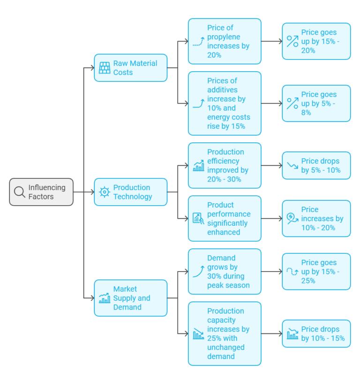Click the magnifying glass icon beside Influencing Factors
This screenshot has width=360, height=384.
pos(20,192)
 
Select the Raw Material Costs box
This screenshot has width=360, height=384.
pos(131,68)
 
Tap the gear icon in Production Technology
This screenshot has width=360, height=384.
pos(105,192)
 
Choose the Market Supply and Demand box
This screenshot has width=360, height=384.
pos(131,298)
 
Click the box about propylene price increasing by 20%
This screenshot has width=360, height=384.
pos(225,41)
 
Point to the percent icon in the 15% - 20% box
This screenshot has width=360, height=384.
pos(292,41)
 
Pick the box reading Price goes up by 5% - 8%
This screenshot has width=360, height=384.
pos(316,103)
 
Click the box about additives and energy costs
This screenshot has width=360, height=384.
pos(225,103)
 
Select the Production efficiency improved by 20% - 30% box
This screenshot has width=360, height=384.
pos(225,166)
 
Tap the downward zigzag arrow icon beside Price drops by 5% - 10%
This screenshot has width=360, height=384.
pos(292,166)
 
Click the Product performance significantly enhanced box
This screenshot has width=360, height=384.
pos(225,218)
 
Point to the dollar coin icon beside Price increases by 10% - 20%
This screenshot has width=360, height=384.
pos(292,218)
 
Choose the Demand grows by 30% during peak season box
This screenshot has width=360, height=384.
pos(225,272)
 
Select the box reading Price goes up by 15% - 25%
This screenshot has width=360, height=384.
pos(316,272)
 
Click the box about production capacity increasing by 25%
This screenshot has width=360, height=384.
pos(225,333)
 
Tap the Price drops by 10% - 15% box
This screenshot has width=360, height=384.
pos(316,333)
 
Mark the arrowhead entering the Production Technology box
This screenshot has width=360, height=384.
pos(93,192)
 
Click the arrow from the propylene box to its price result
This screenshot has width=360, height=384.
pos(271,41)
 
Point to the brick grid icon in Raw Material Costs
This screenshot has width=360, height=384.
pos(105,68)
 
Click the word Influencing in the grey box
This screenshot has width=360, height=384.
pos(47,188)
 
